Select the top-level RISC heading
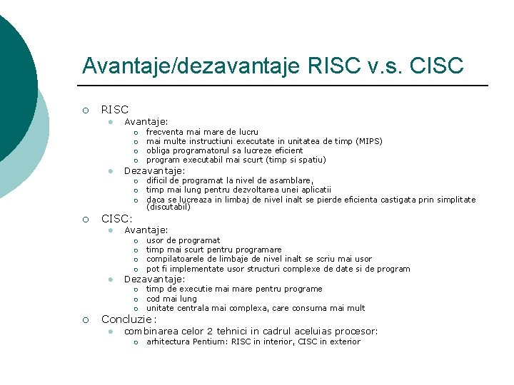(x=115, y=110)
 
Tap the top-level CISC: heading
(x=116, y=219)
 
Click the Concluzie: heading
(x=128, y=319)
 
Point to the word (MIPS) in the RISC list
(x=369, y=141)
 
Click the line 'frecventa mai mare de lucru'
(x=202, y=132)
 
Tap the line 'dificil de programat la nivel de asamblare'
(x=229, y=180)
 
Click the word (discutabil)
(x=168, y=207)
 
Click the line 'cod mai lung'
(x=171, y=299)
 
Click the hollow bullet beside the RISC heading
(x=85, y=110)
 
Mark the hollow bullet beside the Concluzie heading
(x=85, y=319)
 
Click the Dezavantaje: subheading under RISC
(x=154, y=171)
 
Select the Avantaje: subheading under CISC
(x=146, y=230)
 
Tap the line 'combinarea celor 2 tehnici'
(x=251, y=331)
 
